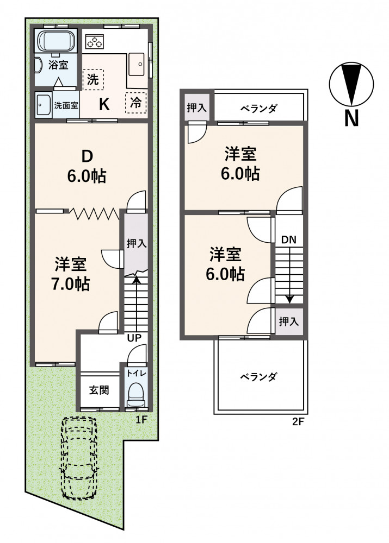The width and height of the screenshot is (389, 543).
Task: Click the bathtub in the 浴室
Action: point(55,41)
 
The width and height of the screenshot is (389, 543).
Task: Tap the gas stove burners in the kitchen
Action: point(94,42)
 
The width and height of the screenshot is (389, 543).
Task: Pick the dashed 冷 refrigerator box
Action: point(136,102)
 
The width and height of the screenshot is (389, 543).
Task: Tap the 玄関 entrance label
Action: point(99,390)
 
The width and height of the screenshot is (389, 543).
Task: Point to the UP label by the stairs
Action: point(134,338)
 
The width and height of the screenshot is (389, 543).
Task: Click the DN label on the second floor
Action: point(289,239)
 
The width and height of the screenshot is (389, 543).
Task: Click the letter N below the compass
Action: point(351,118)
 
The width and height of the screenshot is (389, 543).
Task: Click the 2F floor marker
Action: point(298,422)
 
